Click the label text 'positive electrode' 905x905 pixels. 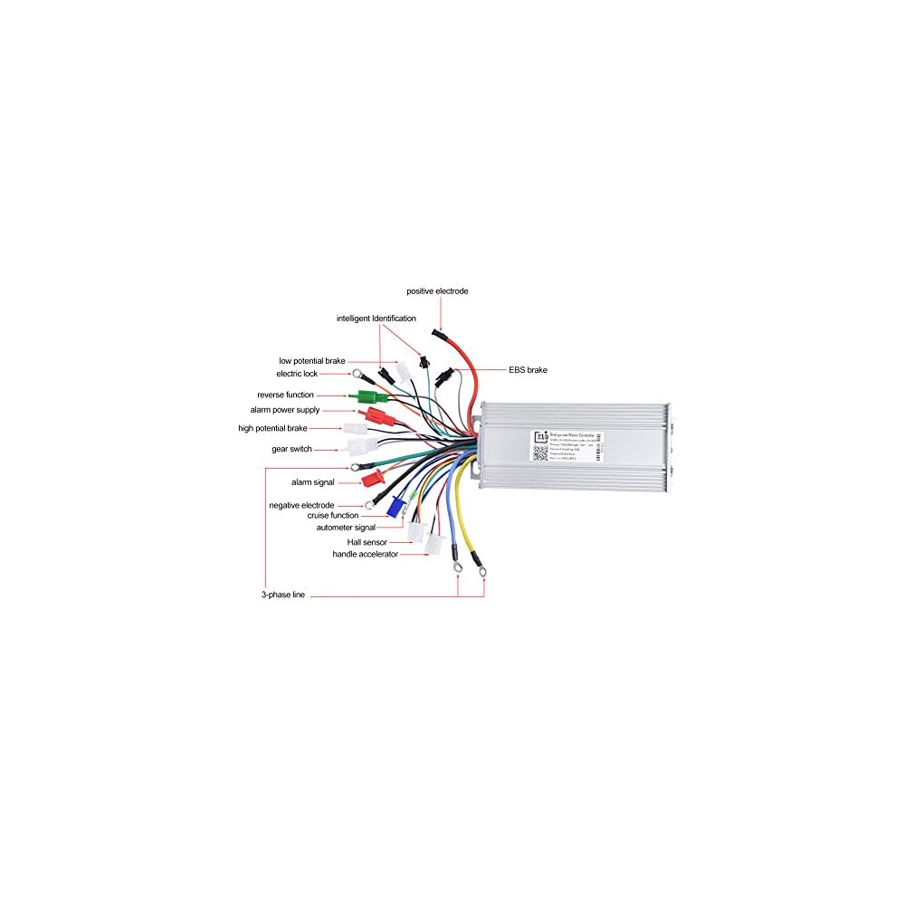[437, 291]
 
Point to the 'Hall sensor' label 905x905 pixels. [367, 542]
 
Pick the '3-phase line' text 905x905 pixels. [284, 595]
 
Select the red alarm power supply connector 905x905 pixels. [373, 415]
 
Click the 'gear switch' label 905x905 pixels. [291, 449]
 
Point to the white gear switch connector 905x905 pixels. [361, 447]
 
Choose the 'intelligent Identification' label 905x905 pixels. [376, 319]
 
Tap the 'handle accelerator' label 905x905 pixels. [365, 554]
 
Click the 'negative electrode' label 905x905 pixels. [301, 505]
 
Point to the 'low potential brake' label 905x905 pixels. [311, 361]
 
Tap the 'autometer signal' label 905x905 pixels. [346, 527]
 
